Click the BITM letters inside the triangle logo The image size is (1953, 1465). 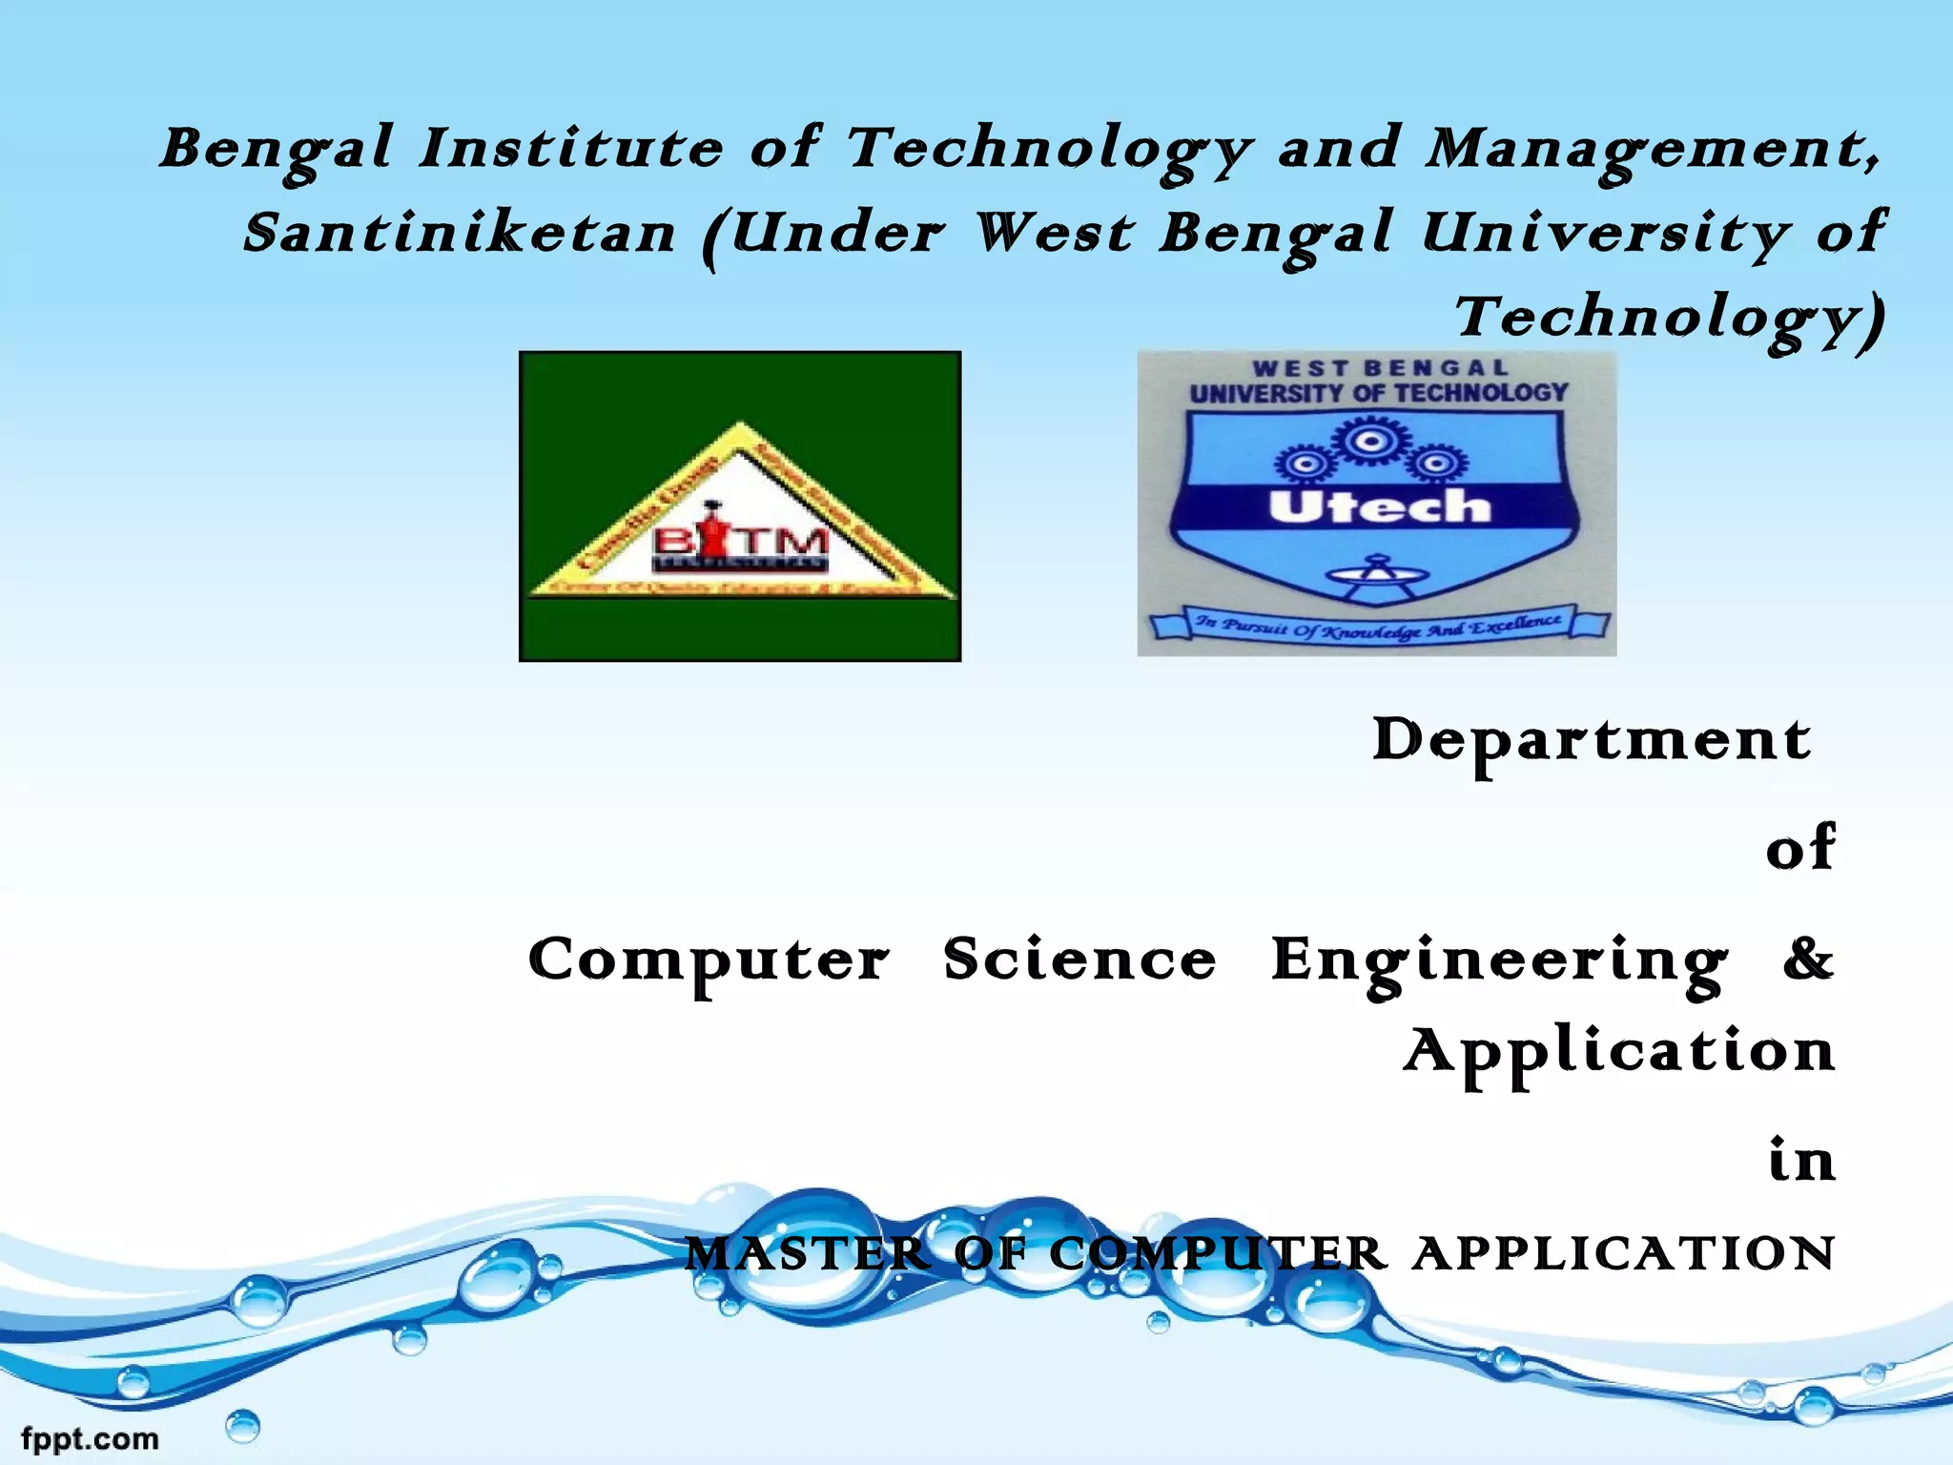[x=740, y=544]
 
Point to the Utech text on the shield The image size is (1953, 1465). [x=1379, y=506]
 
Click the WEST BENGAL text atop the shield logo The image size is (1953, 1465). [x=1380, y=368]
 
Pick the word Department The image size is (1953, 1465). [x=1591, y=741]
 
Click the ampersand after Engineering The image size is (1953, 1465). [x=1808, y=959]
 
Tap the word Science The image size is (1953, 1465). [x=1079, y=959]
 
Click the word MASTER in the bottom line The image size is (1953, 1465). [x=807, y=1253]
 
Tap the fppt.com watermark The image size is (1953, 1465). [x=90, y=1438]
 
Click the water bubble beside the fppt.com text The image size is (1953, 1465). [x=243, y=1427]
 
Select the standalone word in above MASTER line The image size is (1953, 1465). [x=1800, y=1161]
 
